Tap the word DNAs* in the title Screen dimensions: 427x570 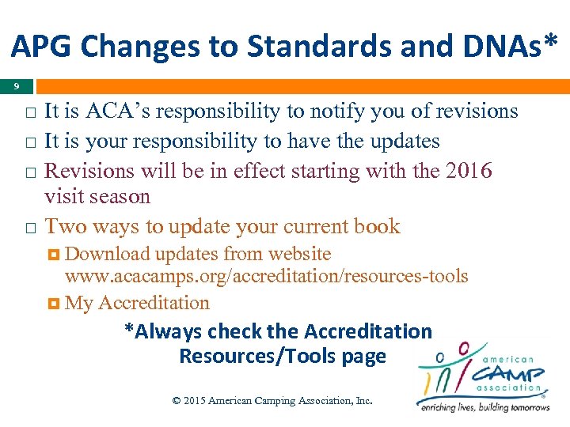pyautogui.click(x=506, y=47)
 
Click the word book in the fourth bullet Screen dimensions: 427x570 pyautogui.click(x=377, y=226)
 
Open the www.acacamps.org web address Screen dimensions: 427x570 pyautogui.click(x=266, y=277)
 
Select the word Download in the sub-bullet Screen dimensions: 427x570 pyautogui.click(x=108, y=255)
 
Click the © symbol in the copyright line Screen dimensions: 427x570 pyautogui.click(x=177, y=401)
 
